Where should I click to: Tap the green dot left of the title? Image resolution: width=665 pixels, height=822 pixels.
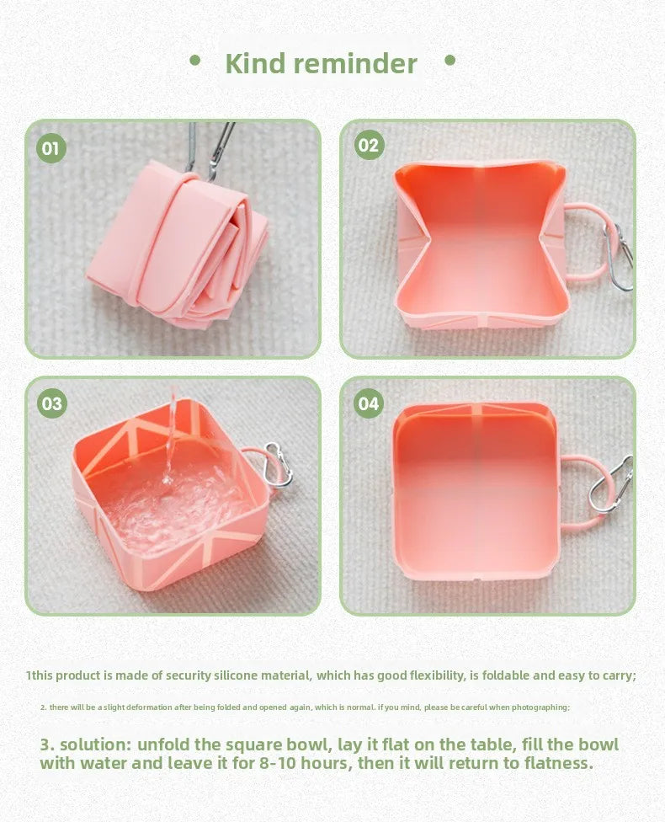point(195,60)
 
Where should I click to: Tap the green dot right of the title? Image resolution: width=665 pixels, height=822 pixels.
point(450,60)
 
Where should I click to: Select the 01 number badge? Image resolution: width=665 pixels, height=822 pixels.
point(51,149)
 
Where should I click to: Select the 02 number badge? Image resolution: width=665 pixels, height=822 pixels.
point(369,145)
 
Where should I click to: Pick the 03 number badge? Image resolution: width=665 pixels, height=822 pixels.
point(52,403)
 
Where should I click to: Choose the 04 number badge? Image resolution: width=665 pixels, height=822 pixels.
point(369,403)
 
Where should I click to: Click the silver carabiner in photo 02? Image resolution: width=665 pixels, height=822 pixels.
point(620,257)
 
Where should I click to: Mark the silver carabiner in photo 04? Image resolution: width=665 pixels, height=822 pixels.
point(610,485)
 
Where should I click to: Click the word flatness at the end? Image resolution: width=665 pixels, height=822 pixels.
point(559,764)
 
